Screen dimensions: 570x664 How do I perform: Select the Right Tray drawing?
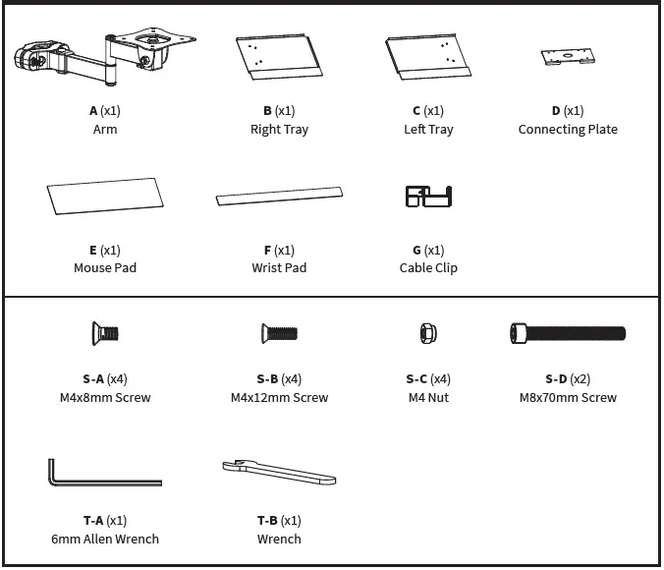pos(279,58)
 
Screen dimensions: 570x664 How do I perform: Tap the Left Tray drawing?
pos(429,58)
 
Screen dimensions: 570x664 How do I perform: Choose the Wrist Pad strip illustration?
pos(280,195)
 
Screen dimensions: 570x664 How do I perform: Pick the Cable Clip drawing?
pos(428,196)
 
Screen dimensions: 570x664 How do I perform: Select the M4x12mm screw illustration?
pos(279,334)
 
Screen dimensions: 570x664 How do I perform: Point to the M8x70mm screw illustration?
pos(567,334)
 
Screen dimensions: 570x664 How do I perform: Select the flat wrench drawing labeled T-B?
pos(279,473)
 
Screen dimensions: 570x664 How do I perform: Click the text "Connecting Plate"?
pos(568,130)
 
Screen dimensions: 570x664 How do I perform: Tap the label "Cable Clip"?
pos(428,268)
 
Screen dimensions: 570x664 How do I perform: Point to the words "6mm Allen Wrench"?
pos(104,540)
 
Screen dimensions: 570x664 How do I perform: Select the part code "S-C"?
pos(415,379)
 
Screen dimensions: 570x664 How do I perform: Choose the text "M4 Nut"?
pos(428,398)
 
